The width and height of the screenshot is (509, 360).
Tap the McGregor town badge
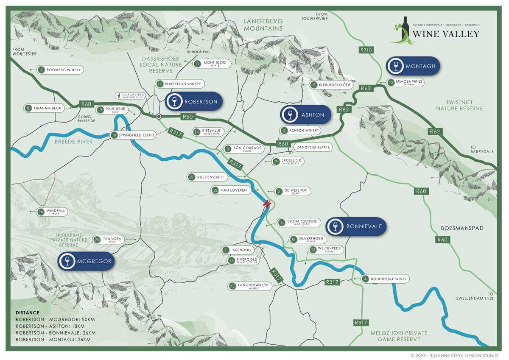(87, 261)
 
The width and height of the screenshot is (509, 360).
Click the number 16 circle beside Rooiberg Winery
(41, 70)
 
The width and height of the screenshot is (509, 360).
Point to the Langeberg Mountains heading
(263, 25)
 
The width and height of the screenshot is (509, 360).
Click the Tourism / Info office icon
(118, 95)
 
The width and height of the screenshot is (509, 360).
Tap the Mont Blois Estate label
(212, 64)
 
